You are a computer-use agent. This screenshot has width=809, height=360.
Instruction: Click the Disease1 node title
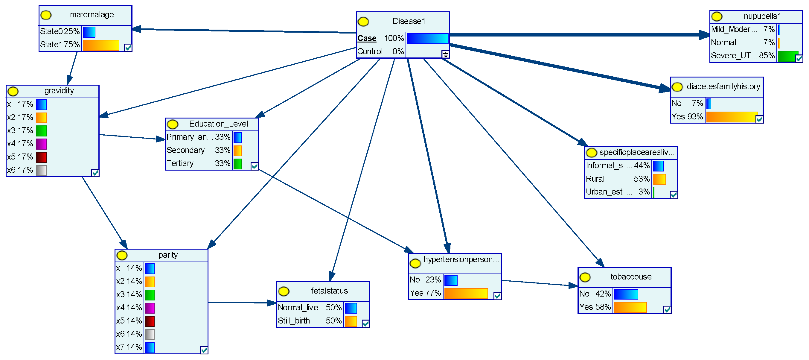pos(409,21)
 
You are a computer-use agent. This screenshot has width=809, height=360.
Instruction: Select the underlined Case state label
pos(366,38)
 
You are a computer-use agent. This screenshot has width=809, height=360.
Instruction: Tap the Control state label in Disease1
pos(370,51)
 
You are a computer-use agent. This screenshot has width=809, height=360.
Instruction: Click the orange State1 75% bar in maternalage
pos(101,45)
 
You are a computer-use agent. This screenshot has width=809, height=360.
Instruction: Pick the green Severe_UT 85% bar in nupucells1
pos(788,56)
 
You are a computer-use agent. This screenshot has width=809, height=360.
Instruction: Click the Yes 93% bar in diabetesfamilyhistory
pos(732,117)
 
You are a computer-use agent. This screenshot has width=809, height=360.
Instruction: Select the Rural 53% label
pos(595,179)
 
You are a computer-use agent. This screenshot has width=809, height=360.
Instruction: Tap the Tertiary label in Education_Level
pos(180,163)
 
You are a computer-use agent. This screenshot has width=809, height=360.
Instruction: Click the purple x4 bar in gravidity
pos(42,144)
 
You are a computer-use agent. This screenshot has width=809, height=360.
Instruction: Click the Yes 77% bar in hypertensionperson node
pos(466,293)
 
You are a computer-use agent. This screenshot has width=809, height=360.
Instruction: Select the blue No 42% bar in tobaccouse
pos(626,294)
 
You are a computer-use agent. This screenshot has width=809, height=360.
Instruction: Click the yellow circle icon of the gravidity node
pos(13,91)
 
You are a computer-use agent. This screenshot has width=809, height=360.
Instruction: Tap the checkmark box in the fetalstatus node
pos(365,323)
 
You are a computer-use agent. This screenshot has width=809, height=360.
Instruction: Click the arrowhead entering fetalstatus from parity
pos(272,303)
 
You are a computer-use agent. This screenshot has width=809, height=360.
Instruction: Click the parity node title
pos(168,255)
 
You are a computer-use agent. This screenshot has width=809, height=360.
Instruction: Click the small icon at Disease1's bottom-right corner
pos(445,54)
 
